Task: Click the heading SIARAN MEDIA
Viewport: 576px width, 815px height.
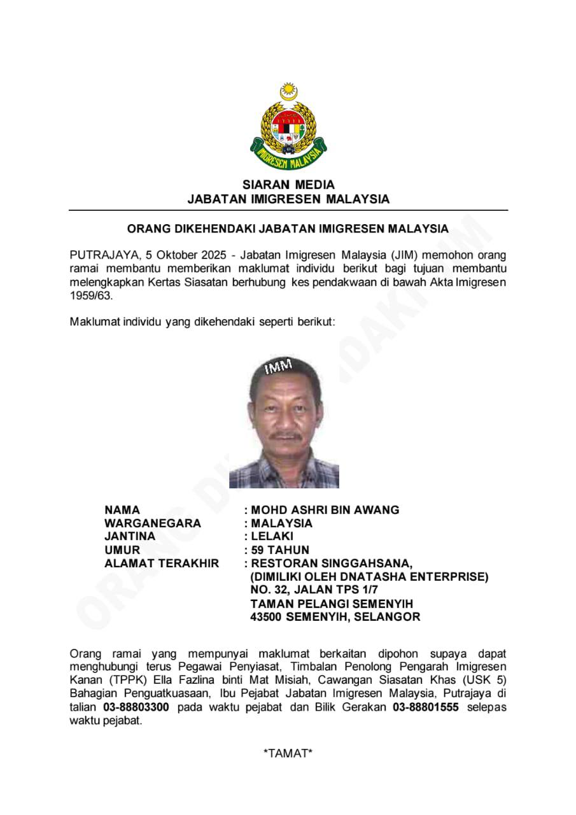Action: (x=288, y=185)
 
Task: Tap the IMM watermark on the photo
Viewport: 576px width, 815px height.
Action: (x=278, y=366)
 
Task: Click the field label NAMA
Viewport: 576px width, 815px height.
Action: (x=122, y=510)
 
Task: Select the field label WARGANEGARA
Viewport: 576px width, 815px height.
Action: (x=153, y=523)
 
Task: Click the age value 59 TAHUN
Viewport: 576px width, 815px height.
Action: (x=280, y=550)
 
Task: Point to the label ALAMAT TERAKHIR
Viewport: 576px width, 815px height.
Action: (x=162, y=563)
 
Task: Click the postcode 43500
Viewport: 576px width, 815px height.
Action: (x=267, y=617)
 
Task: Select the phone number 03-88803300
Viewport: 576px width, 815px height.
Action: (x=136, y=707)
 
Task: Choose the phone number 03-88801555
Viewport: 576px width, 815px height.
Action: (x=426, y=707)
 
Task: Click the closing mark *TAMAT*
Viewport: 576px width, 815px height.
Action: (x=288, y=754)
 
